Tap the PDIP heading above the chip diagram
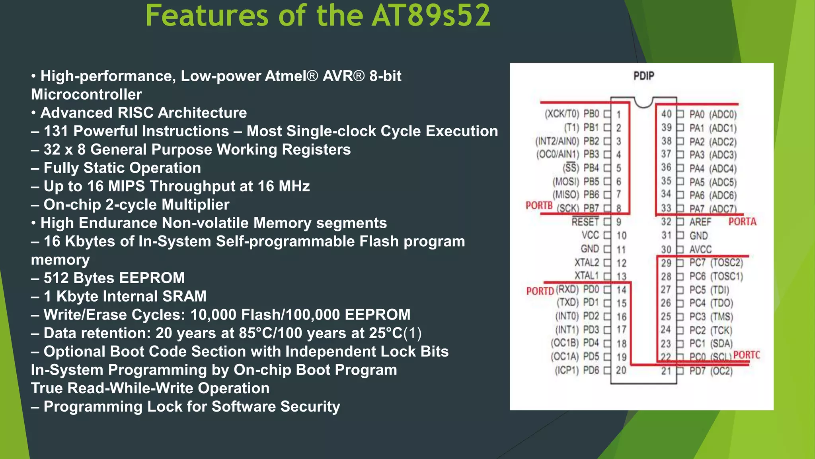point(643,76)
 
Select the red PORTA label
point(742,222)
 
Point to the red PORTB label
point(539,206)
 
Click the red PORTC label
point(747,355)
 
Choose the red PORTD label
point(540,291)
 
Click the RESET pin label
point(585,222)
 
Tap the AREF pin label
point(700,222)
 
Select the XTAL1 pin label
point(586,276)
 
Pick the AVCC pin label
point(700,249)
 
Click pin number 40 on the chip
point(666,114)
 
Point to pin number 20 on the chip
point(621,371)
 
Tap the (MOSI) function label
point(565,182)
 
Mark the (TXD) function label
point(567,303)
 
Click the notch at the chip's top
point(643,102)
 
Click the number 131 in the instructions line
point(56,131)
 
